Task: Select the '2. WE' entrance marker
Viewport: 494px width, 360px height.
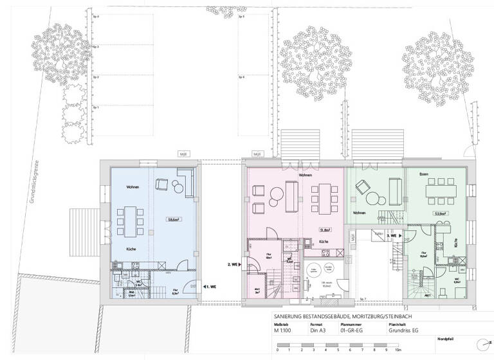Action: pyautogui.click(x=233, y=264)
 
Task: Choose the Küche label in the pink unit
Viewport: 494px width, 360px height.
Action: pyautogui.click(x=325, y=242)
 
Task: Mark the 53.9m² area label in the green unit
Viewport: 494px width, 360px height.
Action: pyautogui.click(x=441, y=214)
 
